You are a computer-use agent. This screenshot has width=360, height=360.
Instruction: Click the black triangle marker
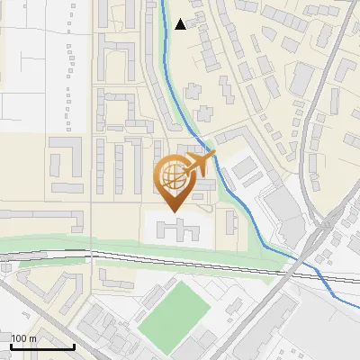[x=181, y=24]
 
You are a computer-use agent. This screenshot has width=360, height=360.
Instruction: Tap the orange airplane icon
[x=199, y=164]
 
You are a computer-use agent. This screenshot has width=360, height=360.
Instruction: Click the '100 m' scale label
[x=24, y=338]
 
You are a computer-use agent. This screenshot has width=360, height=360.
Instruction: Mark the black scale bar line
[x=42, y=346]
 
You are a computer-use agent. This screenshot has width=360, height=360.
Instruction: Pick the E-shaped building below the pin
[x=177, y=229]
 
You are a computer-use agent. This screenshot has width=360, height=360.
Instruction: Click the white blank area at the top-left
[x=27, y=54]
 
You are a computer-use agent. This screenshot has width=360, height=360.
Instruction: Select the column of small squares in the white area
[x=69, y=67]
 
